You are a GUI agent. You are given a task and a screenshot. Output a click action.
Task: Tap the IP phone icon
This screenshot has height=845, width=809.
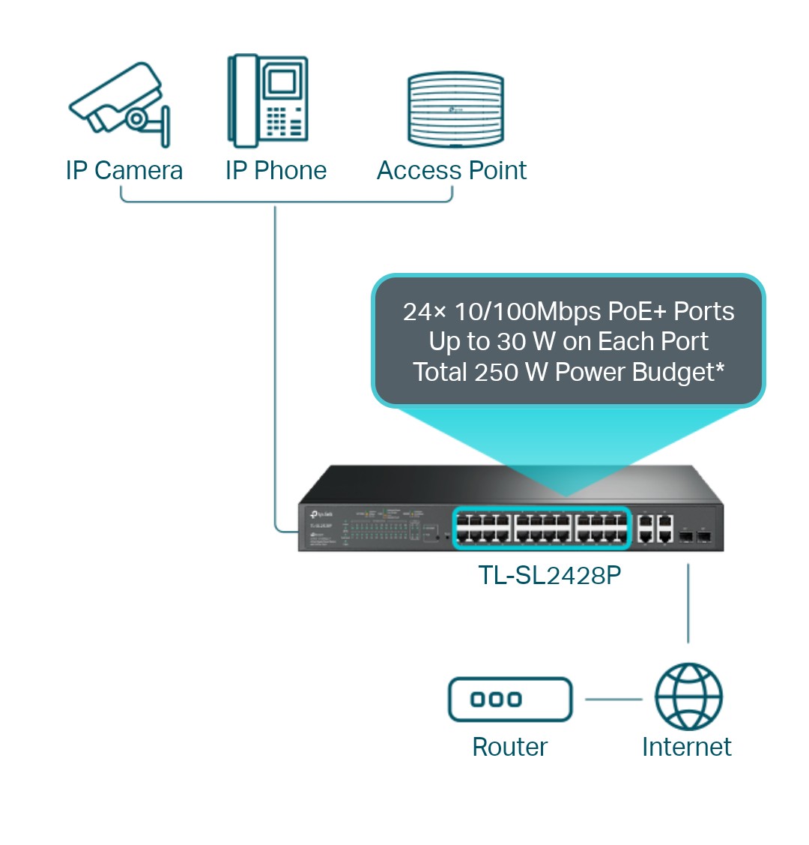[268, 101]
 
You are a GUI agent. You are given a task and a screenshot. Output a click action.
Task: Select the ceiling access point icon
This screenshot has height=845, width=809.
[455, 109]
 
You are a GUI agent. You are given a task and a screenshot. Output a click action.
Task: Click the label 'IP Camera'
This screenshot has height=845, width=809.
[124, 171]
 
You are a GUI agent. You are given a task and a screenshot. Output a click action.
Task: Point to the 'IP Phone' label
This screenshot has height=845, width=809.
[276, 171]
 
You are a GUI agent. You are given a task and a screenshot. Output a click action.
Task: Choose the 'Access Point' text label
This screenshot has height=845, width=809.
[452, 171]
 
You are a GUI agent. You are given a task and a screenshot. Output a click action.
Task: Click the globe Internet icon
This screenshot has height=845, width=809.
[688, 697]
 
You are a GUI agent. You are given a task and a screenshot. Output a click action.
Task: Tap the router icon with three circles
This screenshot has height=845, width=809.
[510, 700]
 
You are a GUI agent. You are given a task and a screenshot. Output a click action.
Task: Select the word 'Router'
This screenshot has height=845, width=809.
[509, 747]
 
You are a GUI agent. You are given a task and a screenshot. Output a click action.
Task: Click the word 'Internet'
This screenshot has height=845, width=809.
[686, 747]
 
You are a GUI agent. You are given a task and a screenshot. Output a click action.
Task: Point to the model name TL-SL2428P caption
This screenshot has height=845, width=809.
[550, 575]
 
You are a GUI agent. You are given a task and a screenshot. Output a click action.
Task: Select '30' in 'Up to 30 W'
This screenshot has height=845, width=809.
[512, 342]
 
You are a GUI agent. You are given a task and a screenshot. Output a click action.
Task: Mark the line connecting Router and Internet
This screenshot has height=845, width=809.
[613, 700]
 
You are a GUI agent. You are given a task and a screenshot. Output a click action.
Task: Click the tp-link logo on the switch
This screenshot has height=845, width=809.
[321, 515]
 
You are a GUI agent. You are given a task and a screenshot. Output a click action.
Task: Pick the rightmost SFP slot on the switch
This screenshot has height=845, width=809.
[703, 537]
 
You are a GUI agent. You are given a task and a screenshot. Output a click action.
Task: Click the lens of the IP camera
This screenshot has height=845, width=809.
[136, 118]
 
